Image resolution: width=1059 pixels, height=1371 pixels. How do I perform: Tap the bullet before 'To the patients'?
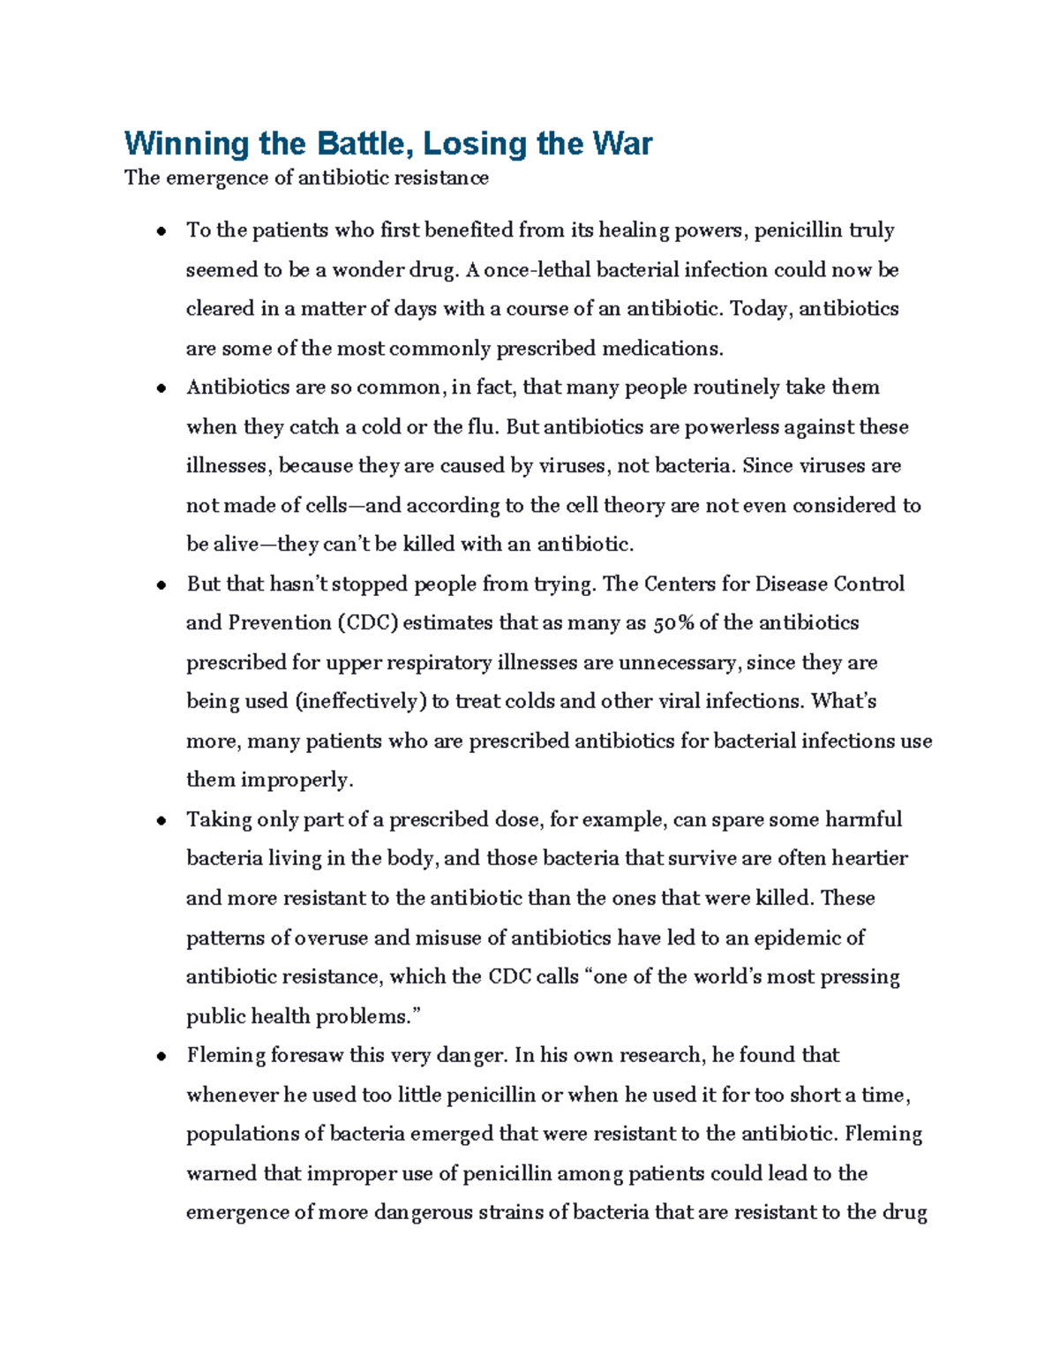(x=161, y=232)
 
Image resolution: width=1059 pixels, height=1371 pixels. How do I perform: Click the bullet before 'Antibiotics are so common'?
(x=161, y=389)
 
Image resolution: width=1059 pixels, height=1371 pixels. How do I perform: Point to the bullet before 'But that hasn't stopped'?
(x=161, y=585)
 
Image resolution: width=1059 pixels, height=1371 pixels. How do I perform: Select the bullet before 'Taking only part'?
(x=161, y=821)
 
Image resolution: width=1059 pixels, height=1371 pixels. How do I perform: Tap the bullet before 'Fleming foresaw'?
(x=161, y=1057)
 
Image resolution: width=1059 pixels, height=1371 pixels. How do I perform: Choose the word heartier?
(x=870, y=859)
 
